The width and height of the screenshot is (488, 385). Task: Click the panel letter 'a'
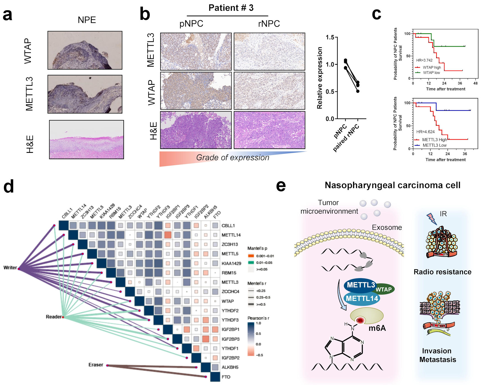pyautogui.click(x=8, y=15)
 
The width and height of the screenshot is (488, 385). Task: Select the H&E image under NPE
pyautogui.click(x=86, y=140)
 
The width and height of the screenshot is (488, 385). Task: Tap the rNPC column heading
pyautogui.click(x=269, y=24)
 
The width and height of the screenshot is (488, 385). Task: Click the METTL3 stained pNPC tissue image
pyautogui.click(x=196, y=52)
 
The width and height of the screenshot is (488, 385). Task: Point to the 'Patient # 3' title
pyautogui.click(x=231, y=8)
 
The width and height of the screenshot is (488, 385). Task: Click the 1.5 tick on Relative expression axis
pyautogui.click(x=330, y=37)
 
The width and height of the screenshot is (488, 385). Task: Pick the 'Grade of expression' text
pyautogui.click(x=233, y=158)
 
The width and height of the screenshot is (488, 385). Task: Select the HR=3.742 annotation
pyautogui.click(x=424, y=60)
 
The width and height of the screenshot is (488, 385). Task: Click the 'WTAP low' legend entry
pyautogui.click(x=431, y=73)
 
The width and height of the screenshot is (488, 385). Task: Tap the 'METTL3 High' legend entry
pyautogui.click(x=434, y=140)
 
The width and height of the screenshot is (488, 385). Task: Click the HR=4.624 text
pyautogui.click(x=425, y=132)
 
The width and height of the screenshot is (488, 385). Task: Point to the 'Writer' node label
pyautogui.click(x=10, y=267)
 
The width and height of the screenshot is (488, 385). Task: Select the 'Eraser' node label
pyautogui.click(x=96, y=365)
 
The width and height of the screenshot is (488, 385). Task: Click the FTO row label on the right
pyautogui.click(x=226, y=377)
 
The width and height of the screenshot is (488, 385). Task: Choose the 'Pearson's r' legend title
pyautogui.click(x=258, y=318)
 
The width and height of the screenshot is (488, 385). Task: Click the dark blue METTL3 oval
pyautogui.click(x=360, y=285)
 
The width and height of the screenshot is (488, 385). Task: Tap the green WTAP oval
pyautogui.click(x=384, y=289)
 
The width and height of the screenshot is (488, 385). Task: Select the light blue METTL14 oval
pyautogui.click(x=362, y=299)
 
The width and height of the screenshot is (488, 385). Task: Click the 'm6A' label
pyautogui.click(x=377, y=328)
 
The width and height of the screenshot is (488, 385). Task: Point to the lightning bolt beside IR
pyautogui.click(x=430, y=219)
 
